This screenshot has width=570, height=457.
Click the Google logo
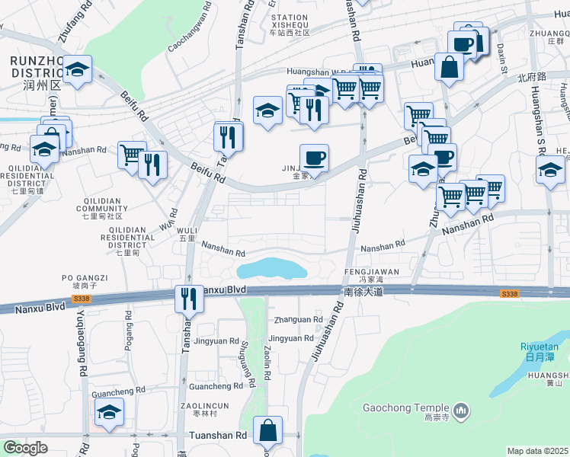tap(25, 448)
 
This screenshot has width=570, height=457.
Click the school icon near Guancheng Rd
tap(110, 413)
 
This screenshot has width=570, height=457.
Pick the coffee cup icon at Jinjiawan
tap(314, 158)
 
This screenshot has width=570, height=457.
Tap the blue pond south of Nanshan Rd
tap(271, 269)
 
